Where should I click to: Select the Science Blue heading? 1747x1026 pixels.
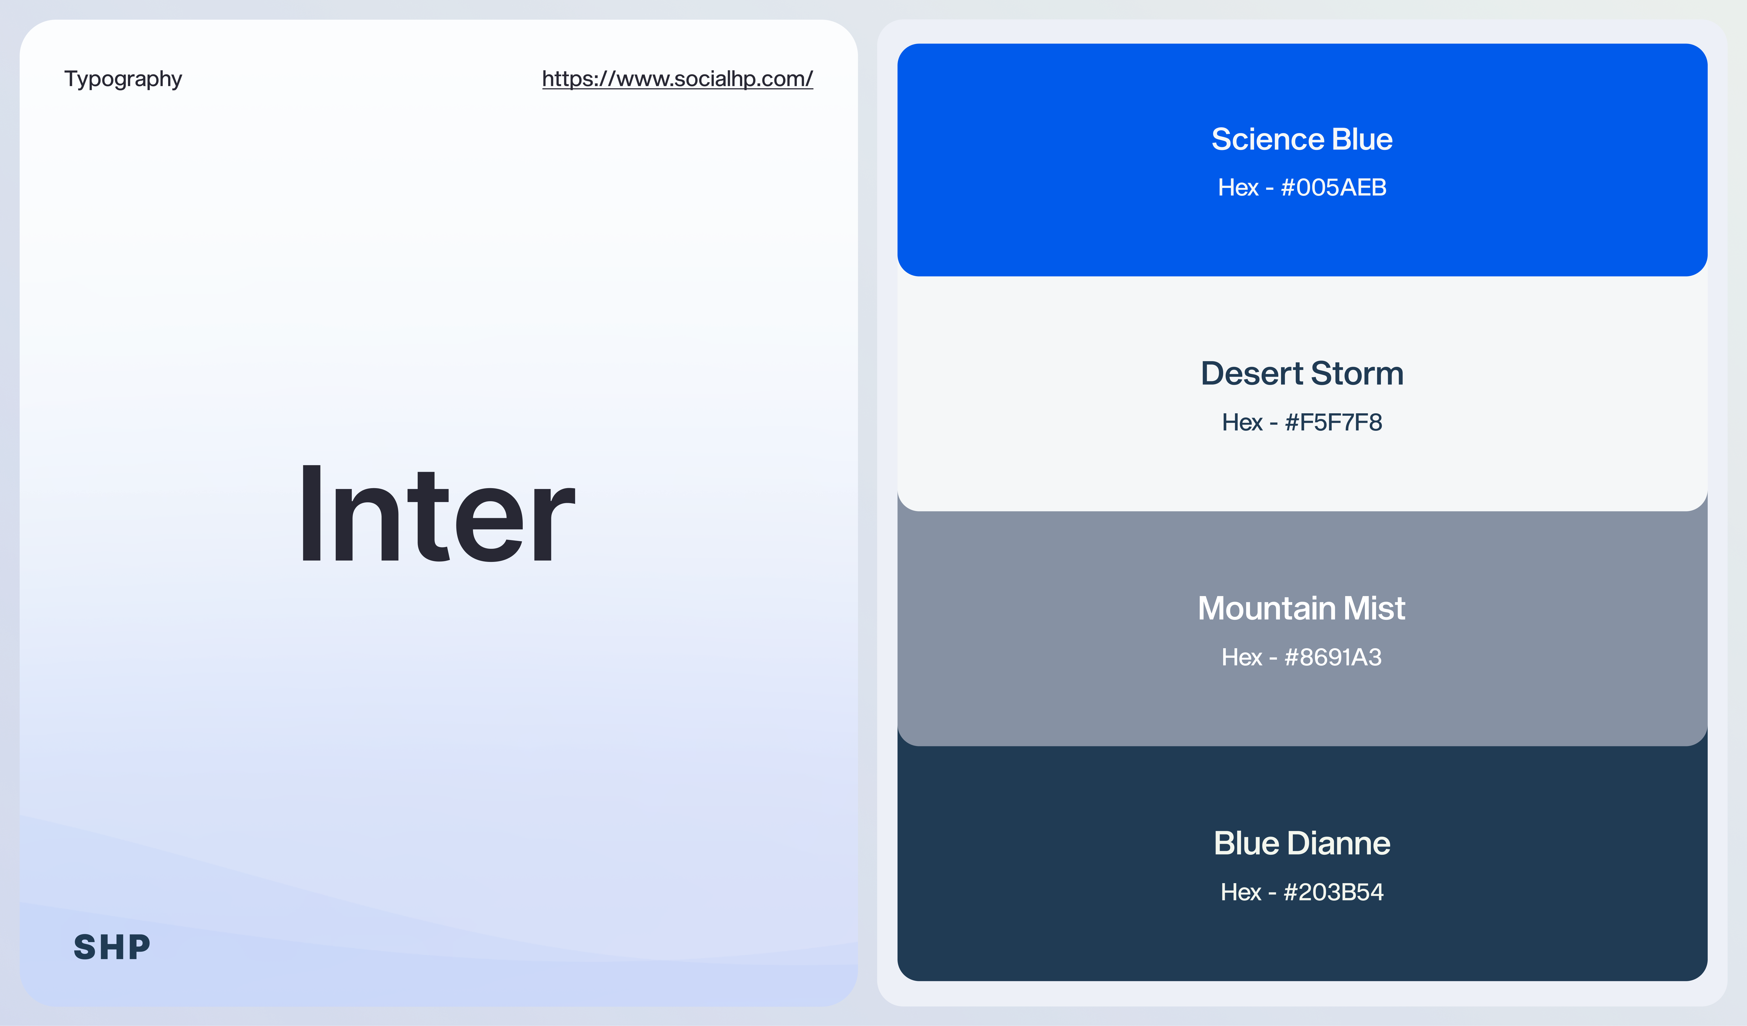(1302, 139)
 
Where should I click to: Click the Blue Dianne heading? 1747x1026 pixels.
(1302, 844)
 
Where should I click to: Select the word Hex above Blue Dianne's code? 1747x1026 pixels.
(1241, 892)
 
